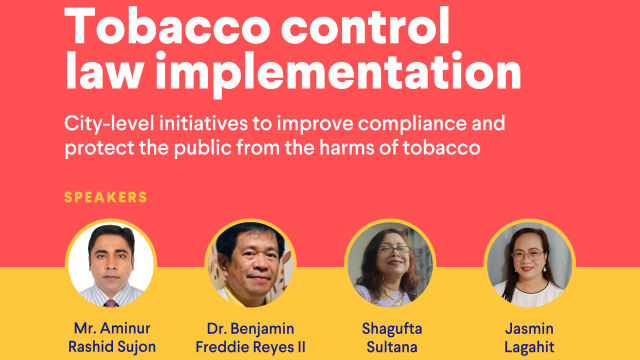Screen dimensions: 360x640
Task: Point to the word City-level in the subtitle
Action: click(x=110, y=125)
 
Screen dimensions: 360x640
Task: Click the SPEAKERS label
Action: click(x=106, y=197)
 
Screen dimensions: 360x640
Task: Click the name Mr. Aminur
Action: click(x=111, y=328)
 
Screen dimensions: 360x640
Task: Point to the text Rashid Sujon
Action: click(x=111, y=347)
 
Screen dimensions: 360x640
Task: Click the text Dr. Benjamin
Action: click(x=250, y=328)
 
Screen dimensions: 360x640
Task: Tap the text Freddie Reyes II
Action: click(x=250, y=347)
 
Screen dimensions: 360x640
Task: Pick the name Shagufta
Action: click(x=389, y=328)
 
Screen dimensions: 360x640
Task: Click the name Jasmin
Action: click(x=529, y=328)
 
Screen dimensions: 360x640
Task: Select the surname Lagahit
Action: click(x=529, y=347)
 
